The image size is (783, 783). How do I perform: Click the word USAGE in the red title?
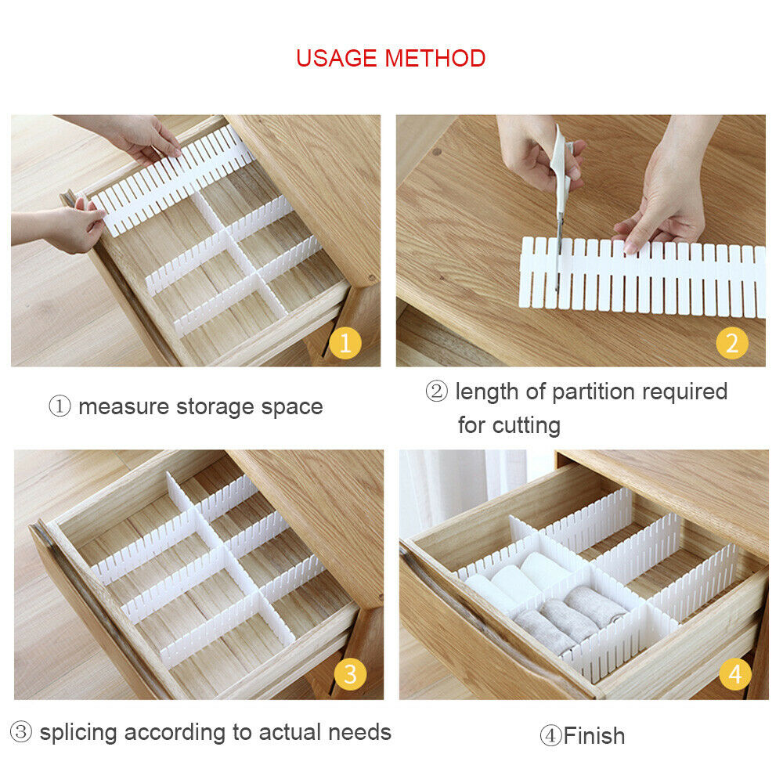(x=337, y=58)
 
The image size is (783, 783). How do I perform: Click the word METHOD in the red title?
(x=435, y=58)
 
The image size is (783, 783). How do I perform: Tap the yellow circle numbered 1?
(x=345, y=343)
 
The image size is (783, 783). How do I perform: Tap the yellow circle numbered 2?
(x=732, y=343)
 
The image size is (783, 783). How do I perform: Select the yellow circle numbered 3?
(x=350, y=674)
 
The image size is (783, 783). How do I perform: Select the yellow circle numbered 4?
(x=735, y=674)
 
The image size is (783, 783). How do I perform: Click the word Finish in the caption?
(x=594, y=736)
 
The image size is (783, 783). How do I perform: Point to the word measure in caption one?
(x=124, y=407)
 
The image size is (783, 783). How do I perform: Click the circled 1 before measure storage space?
(x=60, y=406)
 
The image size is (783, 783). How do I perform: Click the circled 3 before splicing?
(x=21, y=732)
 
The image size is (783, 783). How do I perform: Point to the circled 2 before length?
(x=436, y=391)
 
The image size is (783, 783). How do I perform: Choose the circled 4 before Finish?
(x=550, y=736)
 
